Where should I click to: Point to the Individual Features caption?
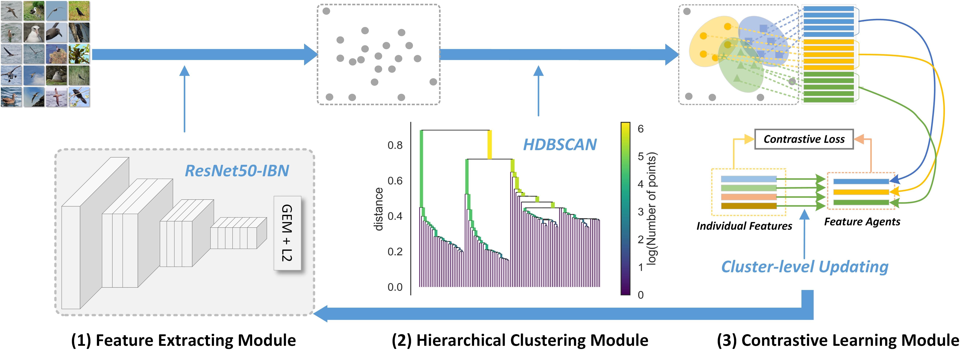coord(744,226)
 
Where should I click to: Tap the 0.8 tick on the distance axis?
coord(395,145)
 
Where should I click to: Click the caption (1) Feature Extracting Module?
coord(184,340)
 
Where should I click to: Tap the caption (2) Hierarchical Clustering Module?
coord(520,340)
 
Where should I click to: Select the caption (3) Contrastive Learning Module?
coord(838,340)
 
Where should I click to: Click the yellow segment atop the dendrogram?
coord(489,144)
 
